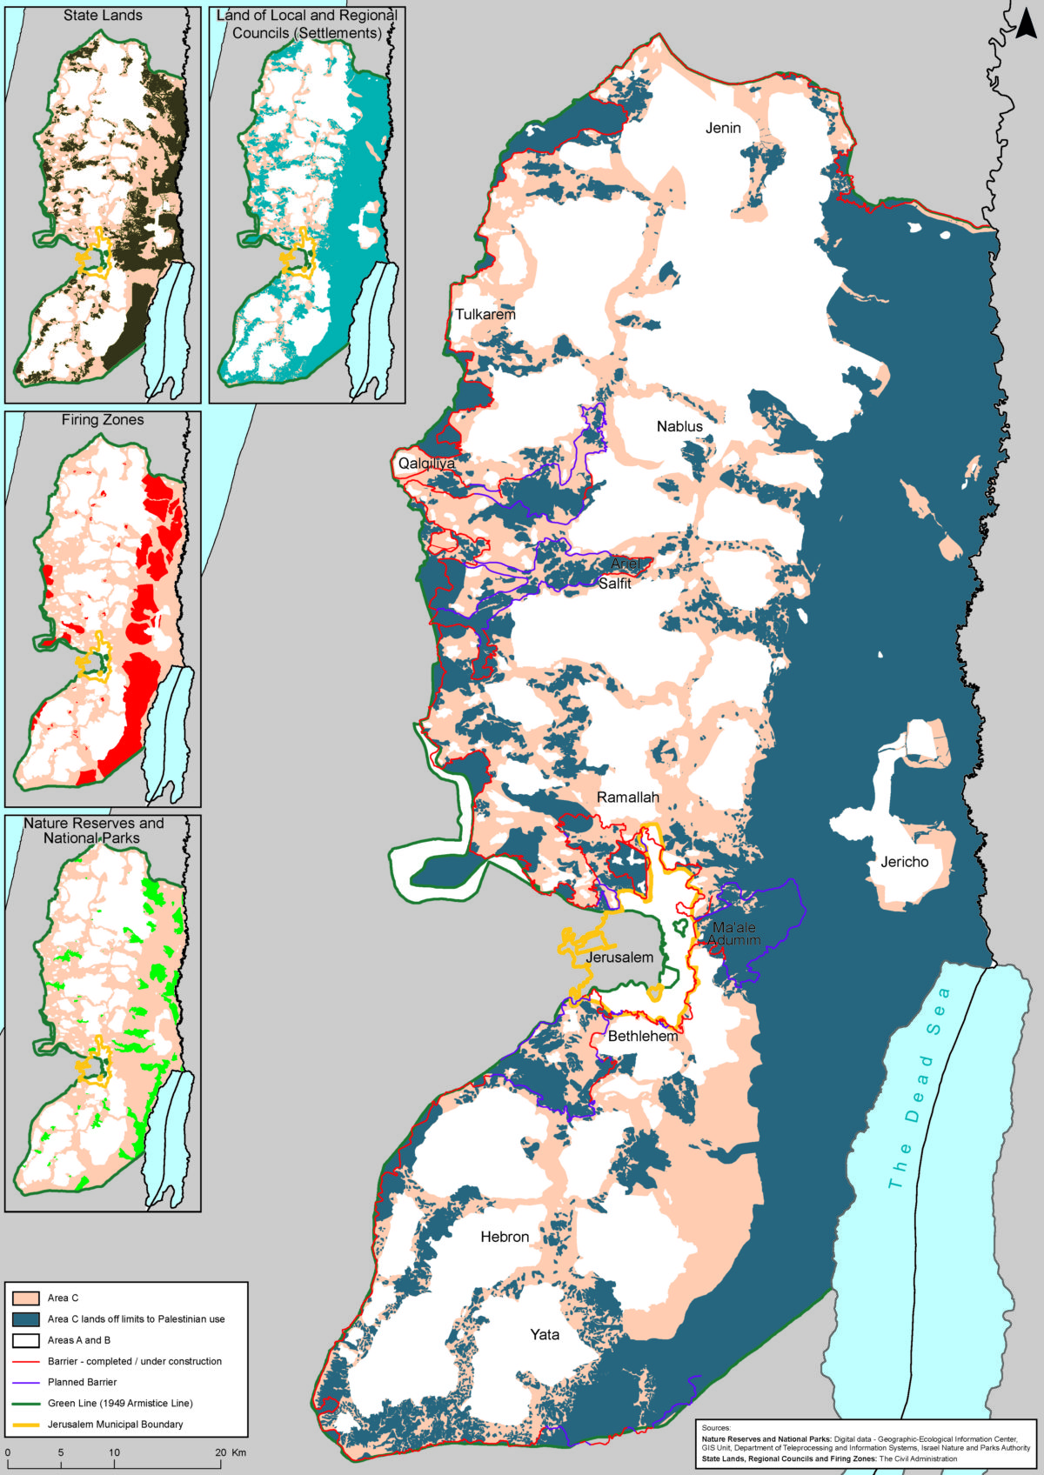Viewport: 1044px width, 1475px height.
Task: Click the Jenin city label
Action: pos(723,128)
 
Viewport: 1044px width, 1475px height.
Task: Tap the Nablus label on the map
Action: pos(679,426)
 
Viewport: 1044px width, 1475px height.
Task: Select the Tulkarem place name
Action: pos(485,314)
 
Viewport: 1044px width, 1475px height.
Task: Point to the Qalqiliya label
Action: pos(426,464)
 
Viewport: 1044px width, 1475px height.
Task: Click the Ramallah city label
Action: pos(628,798)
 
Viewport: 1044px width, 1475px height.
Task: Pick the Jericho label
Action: pos(904,862)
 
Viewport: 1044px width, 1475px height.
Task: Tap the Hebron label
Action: pos(505,1237)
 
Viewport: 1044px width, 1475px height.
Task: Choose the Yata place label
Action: pos(545,1334)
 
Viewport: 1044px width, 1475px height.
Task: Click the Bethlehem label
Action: pos(643,1036)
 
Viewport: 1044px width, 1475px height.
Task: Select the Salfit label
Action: pos(614,584)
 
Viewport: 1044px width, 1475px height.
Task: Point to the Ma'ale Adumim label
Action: pos(734,934)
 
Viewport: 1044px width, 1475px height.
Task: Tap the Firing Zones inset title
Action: pos(103,420)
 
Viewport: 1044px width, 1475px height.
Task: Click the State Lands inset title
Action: pos(103,16)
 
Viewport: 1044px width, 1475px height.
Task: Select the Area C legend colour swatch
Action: pos(26,1298)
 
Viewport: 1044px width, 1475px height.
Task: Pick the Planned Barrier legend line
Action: pos(26,1382)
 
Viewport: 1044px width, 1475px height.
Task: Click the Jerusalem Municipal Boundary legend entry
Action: pos(115,1425)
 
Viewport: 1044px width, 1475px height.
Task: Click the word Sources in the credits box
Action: pos(716,1428)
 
